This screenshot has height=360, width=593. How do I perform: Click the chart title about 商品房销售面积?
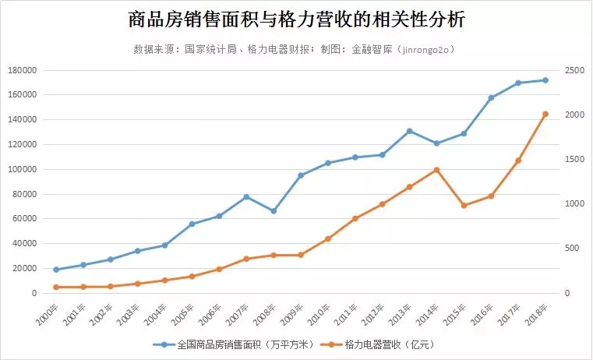pyautogui.click(x=295, y=19)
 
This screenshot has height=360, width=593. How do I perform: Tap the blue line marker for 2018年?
pyautogui.click(x=545, y=80)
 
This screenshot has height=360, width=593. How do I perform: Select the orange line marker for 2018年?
pyautogui.click(x=545, y=114)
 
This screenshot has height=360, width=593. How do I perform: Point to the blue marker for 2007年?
pyautogui.click(x=246, y=196)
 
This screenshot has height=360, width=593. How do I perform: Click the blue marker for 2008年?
pyautogui.click(x=274, y=211)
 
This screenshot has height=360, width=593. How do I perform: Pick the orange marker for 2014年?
pyautogui.click(x=436, y=170)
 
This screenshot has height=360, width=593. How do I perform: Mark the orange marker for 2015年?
pyautogui.click(x=464, y=206)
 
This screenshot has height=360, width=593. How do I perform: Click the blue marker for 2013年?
pyautogui.click(x=409, y=131)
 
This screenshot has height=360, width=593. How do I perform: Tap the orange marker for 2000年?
pyautogui.click(x=56, y=287)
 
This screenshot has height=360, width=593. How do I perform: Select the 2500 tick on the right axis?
pyautogui.click(x=574, y=70)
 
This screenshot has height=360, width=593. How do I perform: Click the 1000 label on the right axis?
pyautogui.click(x=574, y=204)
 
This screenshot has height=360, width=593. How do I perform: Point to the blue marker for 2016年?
pyautogui.click(x=491, y=98)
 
